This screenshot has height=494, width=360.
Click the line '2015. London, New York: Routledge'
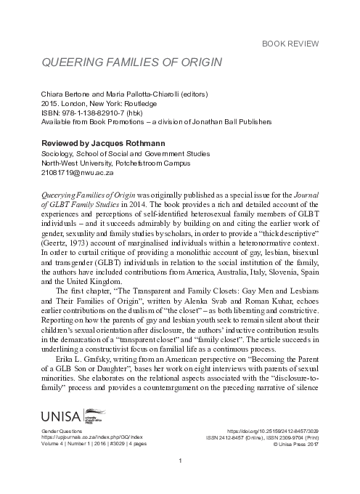[x=99, y=102]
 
